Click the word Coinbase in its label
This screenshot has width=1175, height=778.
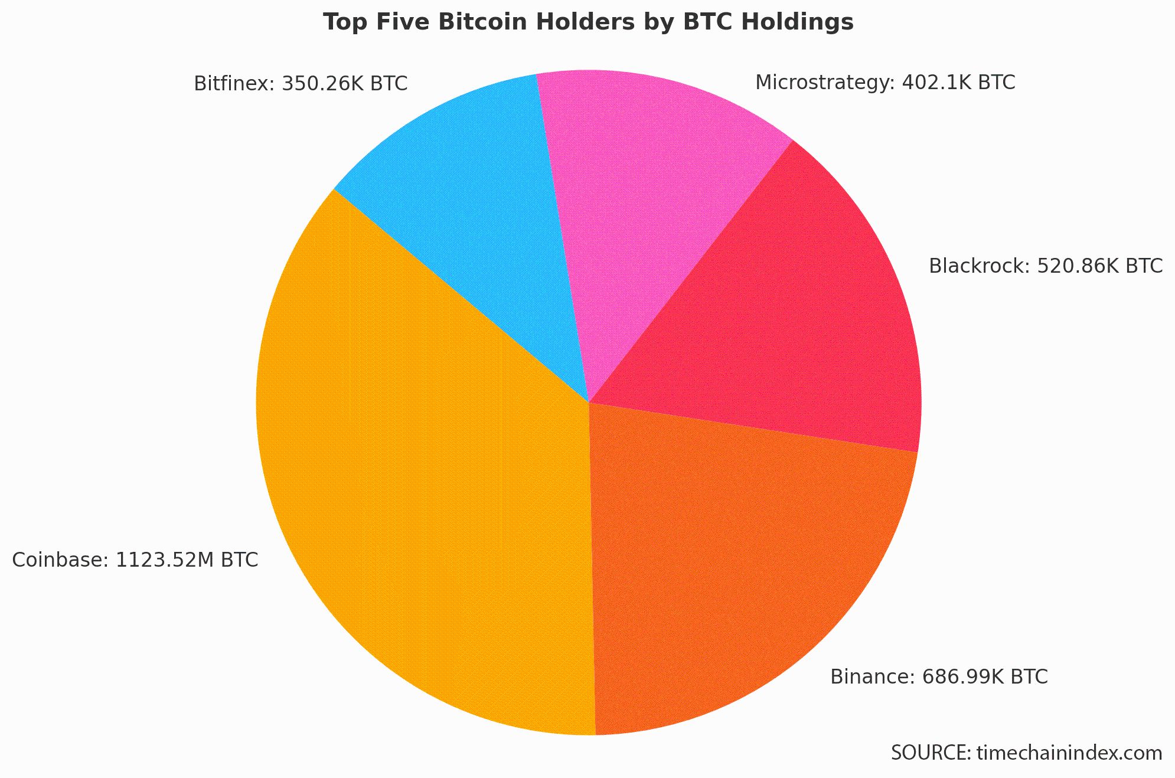coord(58,560)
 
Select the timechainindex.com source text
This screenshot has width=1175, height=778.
coord(1069,753)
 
